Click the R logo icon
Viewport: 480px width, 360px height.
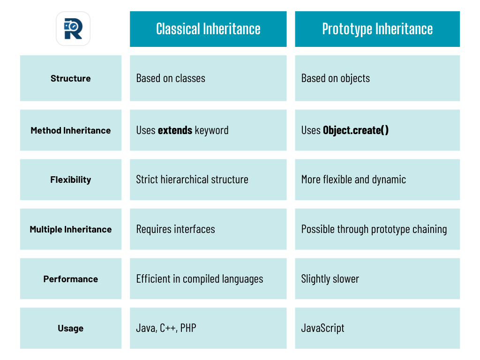[x=73, y=29]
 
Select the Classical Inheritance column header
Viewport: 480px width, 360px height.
[x=208, y=29]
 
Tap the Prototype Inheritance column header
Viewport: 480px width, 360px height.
[x=377, y=29]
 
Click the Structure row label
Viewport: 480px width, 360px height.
[x=71, y=78]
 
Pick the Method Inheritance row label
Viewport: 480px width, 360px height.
[x=71, y=130]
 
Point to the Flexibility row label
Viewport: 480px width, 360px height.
[x=71, y=180]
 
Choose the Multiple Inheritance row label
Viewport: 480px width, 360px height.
[x=71, y=229]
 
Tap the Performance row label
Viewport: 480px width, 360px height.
[x=71, y=279]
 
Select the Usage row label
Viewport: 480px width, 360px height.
[x=71, y=328]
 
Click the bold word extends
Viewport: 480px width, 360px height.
[x=175, y=130]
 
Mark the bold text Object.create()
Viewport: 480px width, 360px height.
[x=356, y=130]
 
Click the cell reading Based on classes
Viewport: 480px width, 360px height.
[x=171, y=78]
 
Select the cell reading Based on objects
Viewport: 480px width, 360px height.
[x=336, y=78]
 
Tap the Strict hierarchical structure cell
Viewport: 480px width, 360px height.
[x=192, y=180]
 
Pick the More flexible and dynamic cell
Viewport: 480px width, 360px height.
[x=353, y=180]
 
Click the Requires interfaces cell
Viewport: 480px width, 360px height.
[x=176, y=229]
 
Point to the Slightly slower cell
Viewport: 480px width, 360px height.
[x=330, y=279]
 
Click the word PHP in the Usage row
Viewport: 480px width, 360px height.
[x=188, y=328]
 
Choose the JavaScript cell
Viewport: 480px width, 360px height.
[x=322, y=328]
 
